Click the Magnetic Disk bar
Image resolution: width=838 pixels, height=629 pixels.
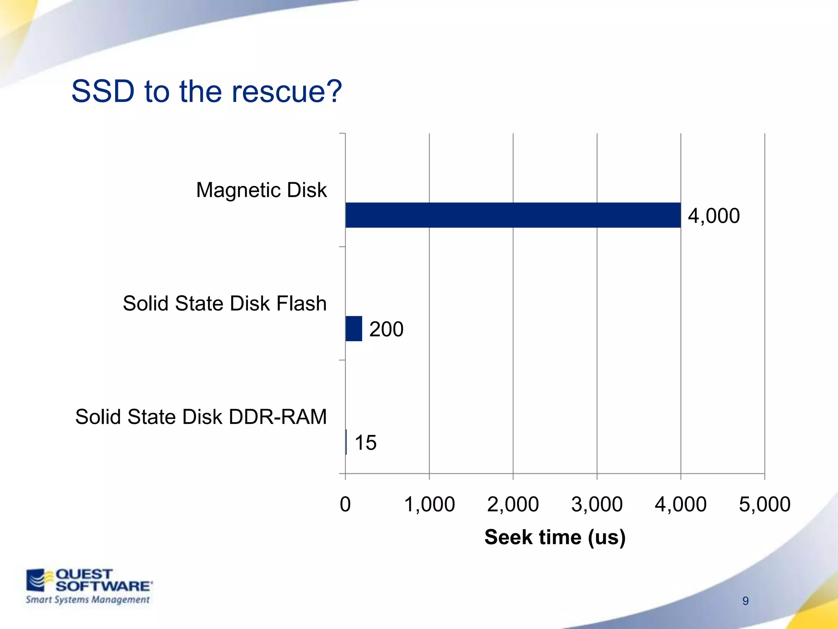(x=513, y=215)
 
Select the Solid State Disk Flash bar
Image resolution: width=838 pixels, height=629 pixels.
(x=354, y=328)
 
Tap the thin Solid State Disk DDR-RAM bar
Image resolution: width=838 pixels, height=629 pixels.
(x=346, y=442)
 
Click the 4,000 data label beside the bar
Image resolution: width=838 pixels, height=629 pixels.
(x=714, y=216)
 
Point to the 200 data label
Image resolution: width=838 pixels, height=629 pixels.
(x=386, y=329)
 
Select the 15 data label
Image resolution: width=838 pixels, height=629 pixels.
(x=365, y=443)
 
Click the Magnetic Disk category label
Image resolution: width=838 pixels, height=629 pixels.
(x=261, y=190)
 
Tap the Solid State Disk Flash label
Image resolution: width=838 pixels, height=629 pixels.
(x=225, y=303)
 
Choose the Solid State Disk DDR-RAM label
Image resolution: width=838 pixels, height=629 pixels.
(x=201, y=417)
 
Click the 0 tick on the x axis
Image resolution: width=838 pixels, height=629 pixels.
(x=345, y=504)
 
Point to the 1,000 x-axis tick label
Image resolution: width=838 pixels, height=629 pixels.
(x=429, y=504)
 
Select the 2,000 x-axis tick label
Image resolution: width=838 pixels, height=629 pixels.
(x=513, y=504)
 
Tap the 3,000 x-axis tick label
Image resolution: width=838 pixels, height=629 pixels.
(x=597, y=504)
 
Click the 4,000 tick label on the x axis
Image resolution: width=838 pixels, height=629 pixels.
(x=681, y=504)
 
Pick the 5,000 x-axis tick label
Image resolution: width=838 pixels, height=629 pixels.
(x=765, y=504)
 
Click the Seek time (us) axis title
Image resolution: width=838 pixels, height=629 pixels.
(x=555, y=537)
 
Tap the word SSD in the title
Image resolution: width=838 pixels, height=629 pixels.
(x=103, y=91)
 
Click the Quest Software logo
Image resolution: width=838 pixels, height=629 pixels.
(x=88, y=586)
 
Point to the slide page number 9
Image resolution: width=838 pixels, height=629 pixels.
(x=746, y=601)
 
